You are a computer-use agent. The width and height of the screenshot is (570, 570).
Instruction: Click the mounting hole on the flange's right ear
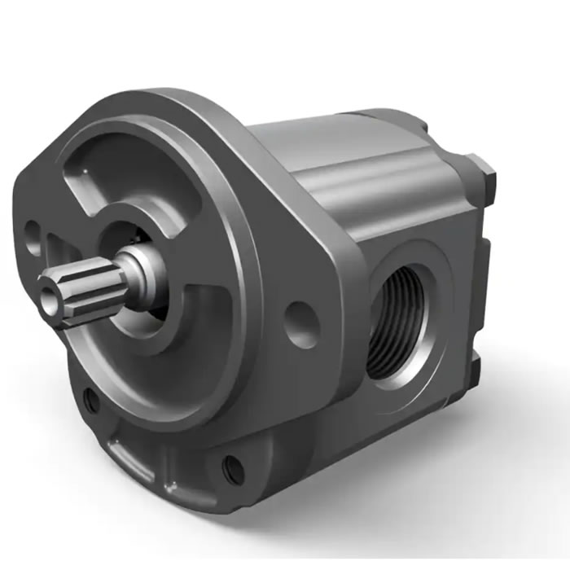click(x=302, y=325)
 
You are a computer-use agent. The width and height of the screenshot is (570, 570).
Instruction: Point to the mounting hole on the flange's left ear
click(x=32, y=233)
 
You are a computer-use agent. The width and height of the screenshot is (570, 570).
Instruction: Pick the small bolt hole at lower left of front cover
click(x=92, y=400)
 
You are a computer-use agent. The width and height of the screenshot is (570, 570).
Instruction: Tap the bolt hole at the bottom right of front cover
click(x=233, y=468)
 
